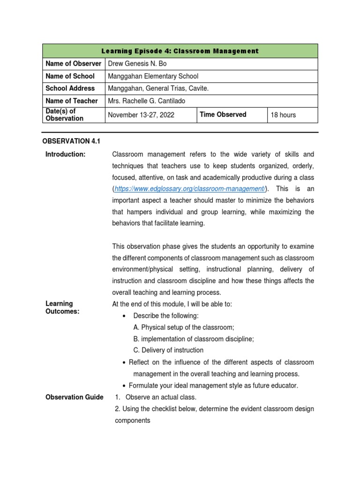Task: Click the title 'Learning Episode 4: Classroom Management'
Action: [180, 51]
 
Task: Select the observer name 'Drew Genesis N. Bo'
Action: [137, 64]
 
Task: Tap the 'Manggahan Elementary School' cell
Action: [153, 76]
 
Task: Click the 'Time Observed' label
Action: [223, 114]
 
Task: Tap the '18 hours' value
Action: [283, 115]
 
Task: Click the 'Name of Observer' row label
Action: [73, 64]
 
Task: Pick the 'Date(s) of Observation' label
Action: [64, 115]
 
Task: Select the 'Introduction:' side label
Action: [65, 155]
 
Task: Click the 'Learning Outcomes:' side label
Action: [61, 308]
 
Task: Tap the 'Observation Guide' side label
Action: [74, 397]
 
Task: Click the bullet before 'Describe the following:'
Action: [124, 316]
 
